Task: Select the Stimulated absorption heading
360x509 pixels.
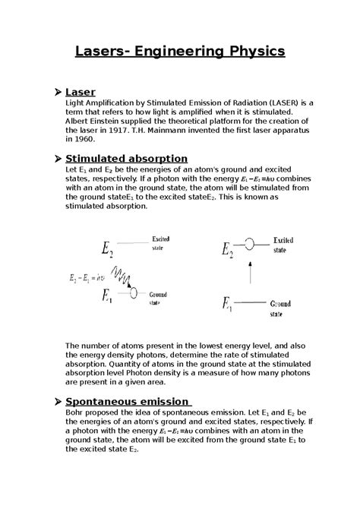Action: click(x=126, y=157)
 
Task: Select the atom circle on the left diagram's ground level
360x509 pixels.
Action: click(x=134, y=293)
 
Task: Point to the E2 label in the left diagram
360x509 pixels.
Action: click(x=108, y=249)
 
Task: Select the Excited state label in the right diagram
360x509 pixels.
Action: click(x=283, y=244)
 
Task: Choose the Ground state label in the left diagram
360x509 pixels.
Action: click(x=158, y=297)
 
